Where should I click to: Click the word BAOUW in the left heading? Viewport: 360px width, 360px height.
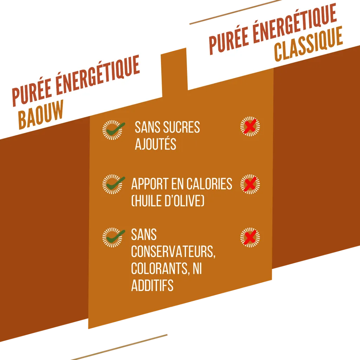click(41, 114)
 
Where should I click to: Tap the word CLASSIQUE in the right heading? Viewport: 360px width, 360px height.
click(308, 44)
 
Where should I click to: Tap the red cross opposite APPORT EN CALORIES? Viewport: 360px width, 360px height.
click(250, 184)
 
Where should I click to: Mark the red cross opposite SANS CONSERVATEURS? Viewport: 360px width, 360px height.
click(250, 237)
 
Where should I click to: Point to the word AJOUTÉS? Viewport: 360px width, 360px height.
click(155, 144)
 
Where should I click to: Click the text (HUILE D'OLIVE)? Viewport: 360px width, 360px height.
click(168, 201)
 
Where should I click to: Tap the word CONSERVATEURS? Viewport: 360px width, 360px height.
click(173, 252)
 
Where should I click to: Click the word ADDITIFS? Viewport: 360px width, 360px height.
click(152, 285)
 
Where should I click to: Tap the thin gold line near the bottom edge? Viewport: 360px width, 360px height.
click(120, 347)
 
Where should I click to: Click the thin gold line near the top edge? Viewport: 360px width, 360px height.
click(235, 12)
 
